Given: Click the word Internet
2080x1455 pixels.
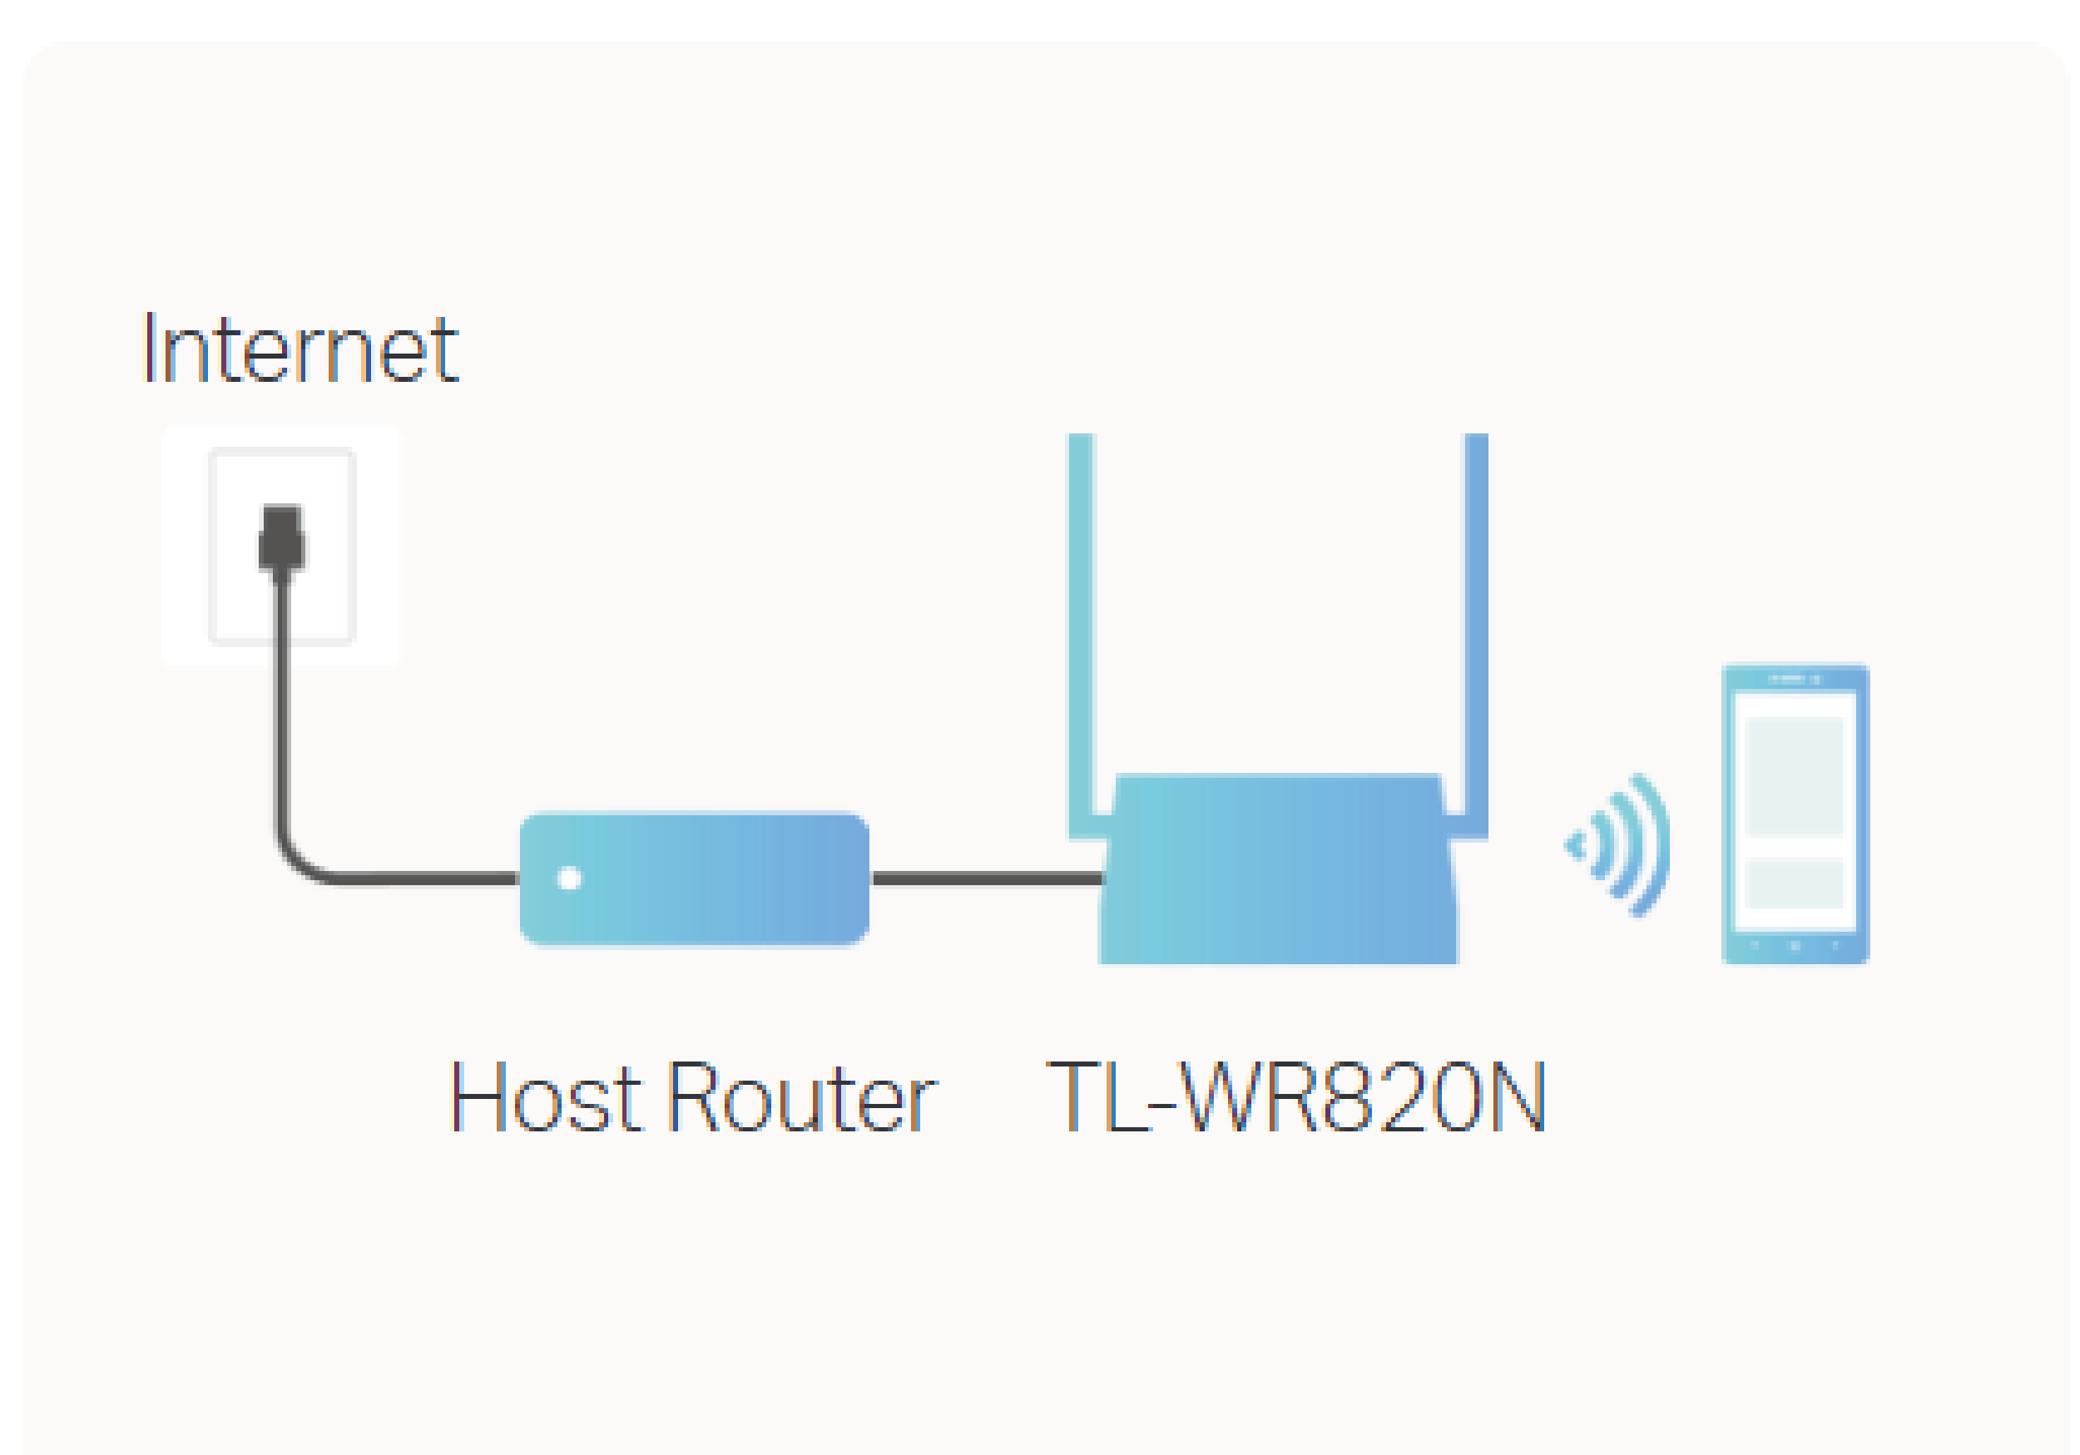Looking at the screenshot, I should coord(300,349).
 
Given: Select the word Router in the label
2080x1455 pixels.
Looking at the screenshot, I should coord(802,1099).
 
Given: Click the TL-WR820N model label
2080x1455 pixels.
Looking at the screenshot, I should coord(1296,1099).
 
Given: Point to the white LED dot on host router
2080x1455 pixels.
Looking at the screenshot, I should coord(570,878).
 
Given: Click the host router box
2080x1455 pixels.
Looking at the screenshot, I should coord(706,878).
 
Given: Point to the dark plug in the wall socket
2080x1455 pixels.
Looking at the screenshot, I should coord(282,542).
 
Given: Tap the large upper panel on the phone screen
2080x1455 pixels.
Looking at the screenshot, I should coord(1794,775).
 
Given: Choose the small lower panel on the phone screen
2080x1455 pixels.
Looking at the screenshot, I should coord(1794,882).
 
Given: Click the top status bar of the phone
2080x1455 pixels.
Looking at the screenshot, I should coord(1795,679).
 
